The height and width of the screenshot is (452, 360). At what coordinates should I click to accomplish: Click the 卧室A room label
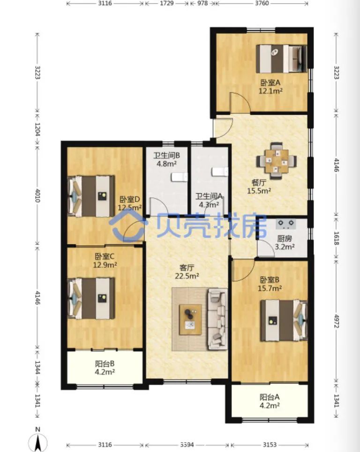click(x=270, y=83)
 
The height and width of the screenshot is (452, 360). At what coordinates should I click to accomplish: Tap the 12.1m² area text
click(x=270, y=91)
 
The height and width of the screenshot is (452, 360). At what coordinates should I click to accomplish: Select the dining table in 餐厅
click(x=277, y=161)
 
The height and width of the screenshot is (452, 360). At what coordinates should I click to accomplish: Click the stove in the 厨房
click(x=285, y=224)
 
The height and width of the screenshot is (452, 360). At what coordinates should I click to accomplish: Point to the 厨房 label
click(x=285, y=239)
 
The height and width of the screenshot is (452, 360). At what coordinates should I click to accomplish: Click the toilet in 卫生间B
click(x=180, y=177)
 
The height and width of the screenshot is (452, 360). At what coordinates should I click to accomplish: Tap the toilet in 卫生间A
click(x=220, y=172)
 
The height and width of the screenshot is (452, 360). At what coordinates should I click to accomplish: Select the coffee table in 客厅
click(x=190, y=320)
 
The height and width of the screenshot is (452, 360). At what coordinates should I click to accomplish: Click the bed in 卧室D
click(x=91, y=196)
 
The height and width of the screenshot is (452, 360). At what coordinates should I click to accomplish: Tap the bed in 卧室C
click(x=91, y=298)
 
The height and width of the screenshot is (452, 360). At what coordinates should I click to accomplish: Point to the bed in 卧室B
click(x=284, y=320)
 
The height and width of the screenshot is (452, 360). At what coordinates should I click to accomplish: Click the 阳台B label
click(x=105, y=364)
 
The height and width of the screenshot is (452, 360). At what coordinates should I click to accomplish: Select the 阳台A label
click(x=270, y=398)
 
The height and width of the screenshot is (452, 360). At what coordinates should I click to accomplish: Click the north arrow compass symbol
click(x=38, y=442)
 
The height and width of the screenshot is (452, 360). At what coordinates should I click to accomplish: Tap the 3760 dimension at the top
click(x=262, y=3)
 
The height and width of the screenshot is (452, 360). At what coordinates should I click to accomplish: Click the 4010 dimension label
click(x=37, y=195)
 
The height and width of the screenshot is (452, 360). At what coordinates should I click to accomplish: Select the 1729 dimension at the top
click(x=166, y=3)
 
